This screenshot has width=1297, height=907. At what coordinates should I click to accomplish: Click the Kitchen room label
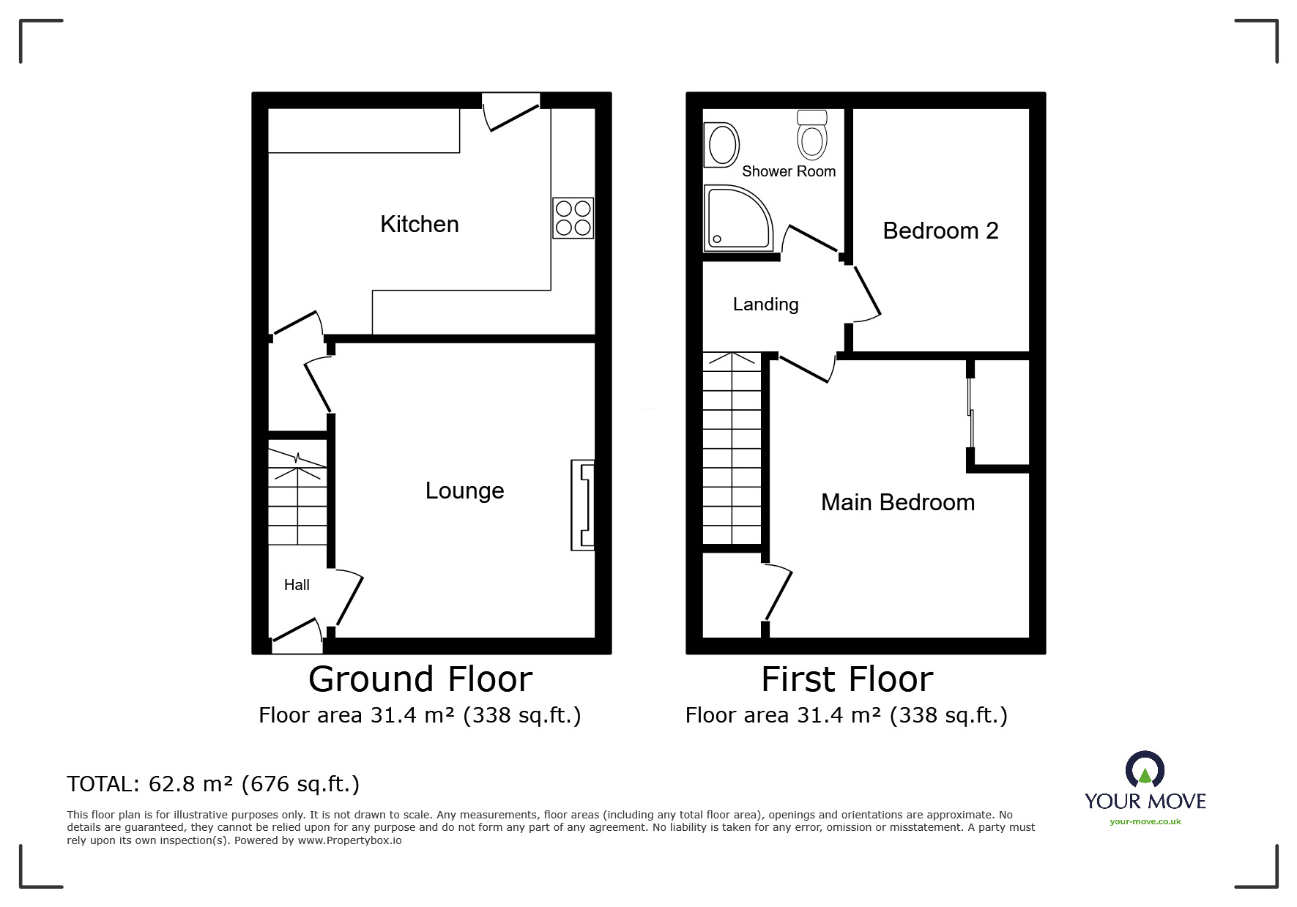point(419,224)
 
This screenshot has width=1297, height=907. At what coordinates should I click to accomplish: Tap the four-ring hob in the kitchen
point(573,218)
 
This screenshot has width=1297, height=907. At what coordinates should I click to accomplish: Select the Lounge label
point(464,490)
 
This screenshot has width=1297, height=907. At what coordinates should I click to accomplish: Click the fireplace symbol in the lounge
point(583,505)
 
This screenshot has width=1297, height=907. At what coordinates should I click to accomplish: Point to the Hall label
point(297,585)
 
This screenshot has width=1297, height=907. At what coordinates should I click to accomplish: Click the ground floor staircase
point(297,498)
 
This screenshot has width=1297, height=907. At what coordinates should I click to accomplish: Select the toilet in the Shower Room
point(811,135)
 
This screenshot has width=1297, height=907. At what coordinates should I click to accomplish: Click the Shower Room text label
point(789,171)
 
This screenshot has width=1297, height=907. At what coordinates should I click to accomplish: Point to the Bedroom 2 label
point(940,231)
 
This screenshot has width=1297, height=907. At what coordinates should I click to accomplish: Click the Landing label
point(765,305)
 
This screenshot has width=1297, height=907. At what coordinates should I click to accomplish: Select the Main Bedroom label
point(897,503)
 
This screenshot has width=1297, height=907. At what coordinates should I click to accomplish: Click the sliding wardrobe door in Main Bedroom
point(970,414)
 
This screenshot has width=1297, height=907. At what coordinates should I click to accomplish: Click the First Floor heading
point(847,679)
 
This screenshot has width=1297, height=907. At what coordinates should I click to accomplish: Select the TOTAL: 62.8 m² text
point(213,784)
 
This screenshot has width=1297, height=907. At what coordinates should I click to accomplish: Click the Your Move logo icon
point(1145,770)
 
